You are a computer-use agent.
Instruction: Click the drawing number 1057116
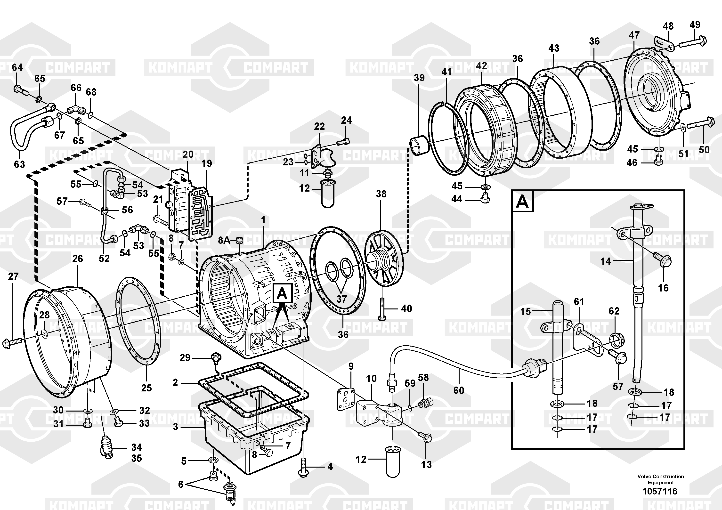[x=660, y=491]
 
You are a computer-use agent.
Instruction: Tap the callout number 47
[x=634, y=35]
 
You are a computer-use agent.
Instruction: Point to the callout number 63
[x=19, y=164]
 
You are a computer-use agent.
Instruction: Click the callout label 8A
[x=224, y=240]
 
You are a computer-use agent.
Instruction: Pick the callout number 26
[x=77, y=259]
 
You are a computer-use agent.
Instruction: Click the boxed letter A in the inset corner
[x=522, y=201]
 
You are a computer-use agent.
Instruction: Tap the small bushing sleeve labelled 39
[x=418, y=145]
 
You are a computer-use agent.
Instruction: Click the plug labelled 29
[x=216, y=357]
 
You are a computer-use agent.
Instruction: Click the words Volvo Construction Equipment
[x=660, y=479]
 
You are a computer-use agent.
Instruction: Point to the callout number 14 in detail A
[x=605, y=261]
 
